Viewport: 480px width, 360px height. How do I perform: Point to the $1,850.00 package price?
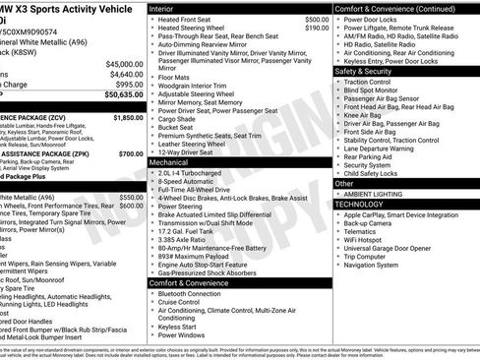point(128,117)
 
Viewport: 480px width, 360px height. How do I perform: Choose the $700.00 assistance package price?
point(131,153)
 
